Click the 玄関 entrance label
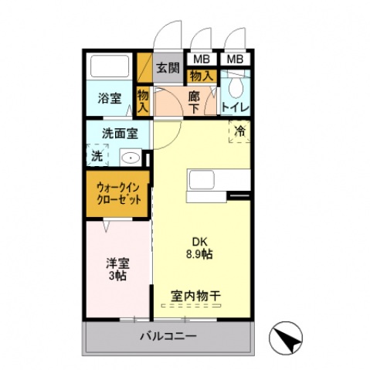point(168,68)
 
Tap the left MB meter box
point(202,59)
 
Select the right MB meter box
point(235,59)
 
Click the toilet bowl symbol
point(236,87)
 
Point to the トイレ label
point(236,107)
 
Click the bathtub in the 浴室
point(110,66)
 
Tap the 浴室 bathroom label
point(110,98)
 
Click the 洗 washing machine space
point(97,155)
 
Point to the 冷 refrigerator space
point(239,131)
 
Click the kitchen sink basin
point(202,180)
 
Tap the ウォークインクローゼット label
point(118,193)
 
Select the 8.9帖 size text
point(199,254)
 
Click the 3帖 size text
point(117,276)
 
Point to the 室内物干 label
point(195,296)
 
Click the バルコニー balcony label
point(168,336)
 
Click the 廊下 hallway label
point(194,102)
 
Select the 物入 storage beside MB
point(202,76)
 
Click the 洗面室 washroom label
point(120,134)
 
